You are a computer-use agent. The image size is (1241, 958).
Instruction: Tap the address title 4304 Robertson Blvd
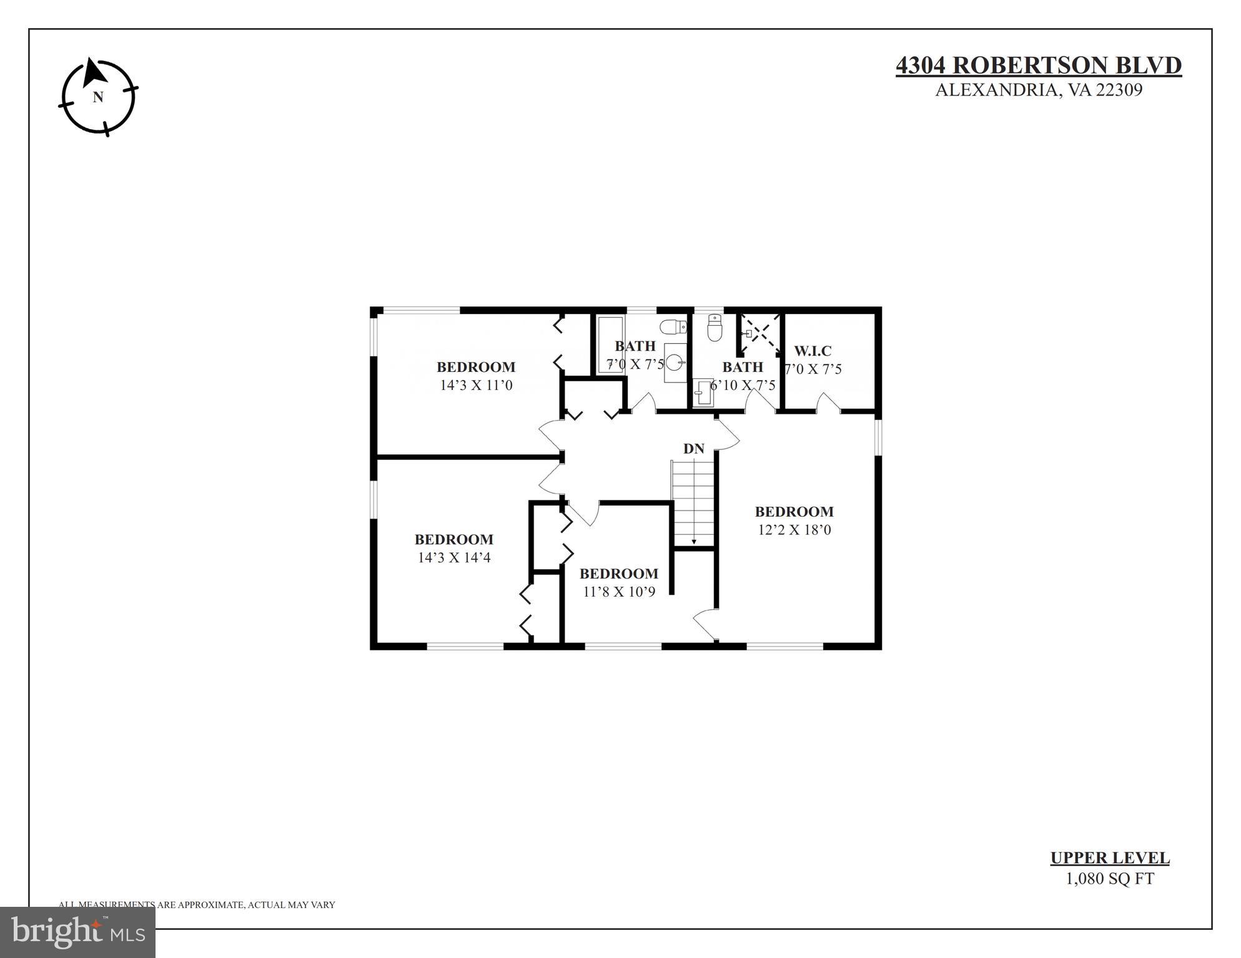click(1038, 66)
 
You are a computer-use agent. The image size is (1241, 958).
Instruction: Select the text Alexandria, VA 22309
click(1038, 90)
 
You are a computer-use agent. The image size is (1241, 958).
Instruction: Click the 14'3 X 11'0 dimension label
click(476, 385)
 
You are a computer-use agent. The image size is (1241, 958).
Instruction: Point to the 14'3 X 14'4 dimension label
click(454, 557)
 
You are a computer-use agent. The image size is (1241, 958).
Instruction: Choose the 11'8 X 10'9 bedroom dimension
click(619, 592)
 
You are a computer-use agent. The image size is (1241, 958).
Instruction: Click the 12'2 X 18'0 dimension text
click(794, 530)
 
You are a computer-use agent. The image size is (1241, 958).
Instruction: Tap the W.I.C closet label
click(813, 351)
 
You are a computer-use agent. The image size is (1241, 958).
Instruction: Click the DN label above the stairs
click(693, 449)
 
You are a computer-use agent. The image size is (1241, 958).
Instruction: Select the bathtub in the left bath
click(610, 345)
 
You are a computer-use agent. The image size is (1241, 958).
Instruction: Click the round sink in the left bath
click(674, 362)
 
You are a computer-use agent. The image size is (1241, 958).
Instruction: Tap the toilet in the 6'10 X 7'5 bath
click(715, 327)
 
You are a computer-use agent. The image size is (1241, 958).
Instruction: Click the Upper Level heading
click(1109, 858)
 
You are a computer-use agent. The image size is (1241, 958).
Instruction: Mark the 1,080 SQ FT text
click(1109, 879)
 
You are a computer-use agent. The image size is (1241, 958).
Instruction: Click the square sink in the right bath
click(703, 393)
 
